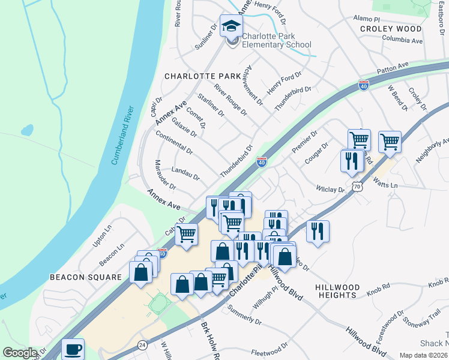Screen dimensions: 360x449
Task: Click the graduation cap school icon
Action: (x=230, y=26)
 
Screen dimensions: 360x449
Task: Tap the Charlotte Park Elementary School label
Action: (x=277, y=40)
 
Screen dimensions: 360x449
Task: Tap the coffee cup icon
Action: (x=73, y=349)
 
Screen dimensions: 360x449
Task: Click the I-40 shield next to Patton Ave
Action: (x=363, y=85)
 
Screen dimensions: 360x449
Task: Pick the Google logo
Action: (x=19, y=353)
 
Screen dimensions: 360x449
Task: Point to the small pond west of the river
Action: (x=27, y=130)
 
